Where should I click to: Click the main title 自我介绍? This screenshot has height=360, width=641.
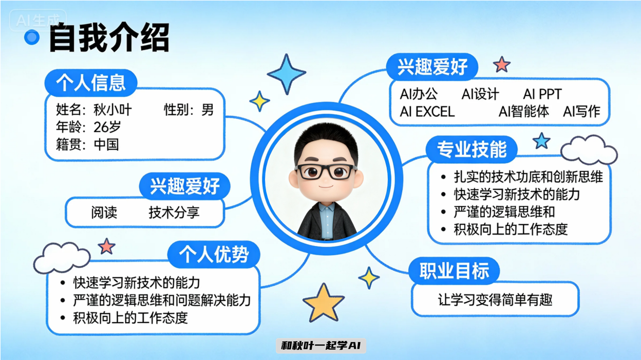109,39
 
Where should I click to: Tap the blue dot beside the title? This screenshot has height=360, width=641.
32,37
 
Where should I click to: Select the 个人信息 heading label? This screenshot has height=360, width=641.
91,83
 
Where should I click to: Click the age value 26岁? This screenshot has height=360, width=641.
107,127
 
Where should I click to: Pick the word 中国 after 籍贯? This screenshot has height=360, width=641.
106,144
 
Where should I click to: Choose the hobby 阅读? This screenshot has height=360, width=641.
104,212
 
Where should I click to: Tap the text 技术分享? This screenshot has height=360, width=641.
174,212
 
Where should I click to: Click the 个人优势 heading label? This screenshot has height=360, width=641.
214,254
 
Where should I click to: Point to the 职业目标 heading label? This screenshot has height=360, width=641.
454,271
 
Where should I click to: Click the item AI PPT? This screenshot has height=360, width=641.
542,94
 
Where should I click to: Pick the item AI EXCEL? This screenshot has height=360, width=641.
427,111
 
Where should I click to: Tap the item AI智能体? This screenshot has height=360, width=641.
523,111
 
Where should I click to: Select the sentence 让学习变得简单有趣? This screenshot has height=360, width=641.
495,299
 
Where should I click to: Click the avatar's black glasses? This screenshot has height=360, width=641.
326,171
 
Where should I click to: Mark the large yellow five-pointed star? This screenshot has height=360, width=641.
323,302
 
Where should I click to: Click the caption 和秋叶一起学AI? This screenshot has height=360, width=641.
321,346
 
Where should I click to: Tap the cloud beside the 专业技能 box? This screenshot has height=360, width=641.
589,150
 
